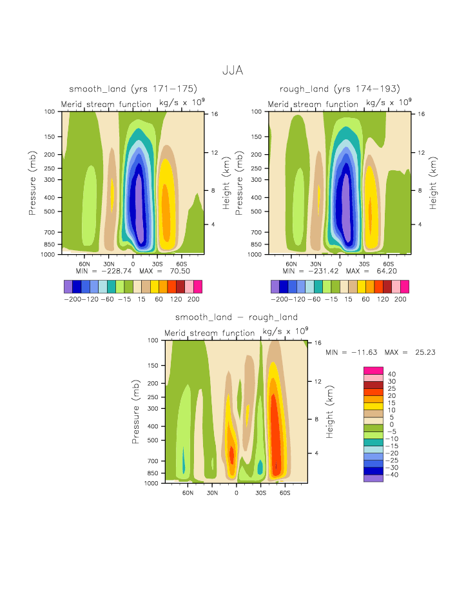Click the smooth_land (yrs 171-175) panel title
pos(133,88)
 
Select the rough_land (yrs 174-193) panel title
pos(340,88)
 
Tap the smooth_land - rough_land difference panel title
pos(237,317)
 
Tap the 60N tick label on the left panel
pos(84,264)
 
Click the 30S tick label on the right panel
pos(364,264)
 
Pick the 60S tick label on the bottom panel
pos(284,492)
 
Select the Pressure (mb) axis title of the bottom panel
pos(137,411)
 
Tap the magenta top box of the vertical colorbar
pos(373,370)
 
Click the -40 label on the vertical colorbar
pos(392,475)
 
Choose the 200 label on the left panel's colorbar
pos(193,300)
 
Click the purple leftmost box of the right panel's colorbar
pos(275,286)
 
